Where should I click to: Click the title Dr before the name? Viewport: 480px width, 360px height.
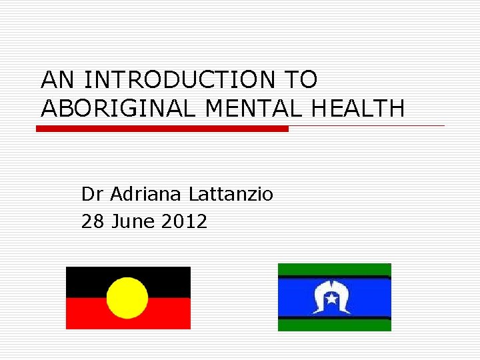[92, 194]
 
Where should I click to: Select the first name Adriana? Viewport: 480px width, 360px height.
[146, 194]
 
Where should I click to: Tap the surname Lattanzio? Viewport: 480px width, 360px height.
[231, 194]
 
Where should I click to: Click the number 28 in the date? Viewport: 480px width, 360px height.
[92, 221]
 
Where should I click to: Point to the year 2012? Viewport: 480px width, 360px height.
[184, 221]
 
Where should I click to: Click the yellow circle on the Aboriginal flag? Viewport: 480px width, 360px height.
[127, 297]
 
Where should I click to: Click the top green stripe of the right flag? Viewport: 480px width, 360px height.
[334, 269]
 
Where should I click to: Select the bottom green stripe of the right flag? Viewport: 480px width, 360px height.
[334, 325]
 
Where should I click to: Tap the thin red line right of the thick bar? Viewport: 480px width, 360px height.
[367, 125]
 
